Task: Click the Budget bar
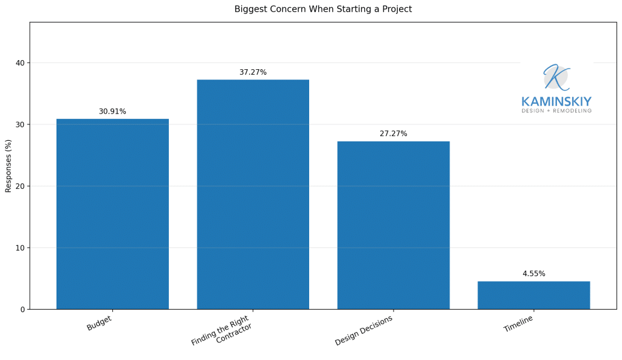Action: click(x=112, y=214)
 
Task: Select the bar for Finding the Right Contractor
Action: click(x=253, y=194)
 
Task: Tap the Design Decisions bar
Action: click(x=393, y=225)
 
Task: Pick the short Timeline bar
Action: click(x=533, y=295)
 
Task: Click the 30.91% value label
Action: click(x=112, y=112)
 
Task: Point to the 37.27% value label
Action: click(x=253, y=72)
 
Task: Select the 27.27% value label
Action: click(x=393, y=134)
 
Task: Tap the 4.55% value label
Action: click(x=533, y=274)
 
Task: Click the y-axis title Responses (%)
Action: click(x=9, y=166)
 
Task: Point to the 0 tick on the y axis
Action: click(x=22, y=309)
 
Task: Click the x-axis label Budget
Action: click(x=99, y=323)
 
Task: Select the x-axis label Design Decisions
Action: click(x=364, y=331)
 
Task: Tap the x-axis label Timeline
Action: click(x=518, y=324)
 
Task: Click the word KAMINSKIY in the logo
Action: click(x=556, y=101)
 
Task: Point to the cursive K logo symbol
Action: click(x=555, y=77)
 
